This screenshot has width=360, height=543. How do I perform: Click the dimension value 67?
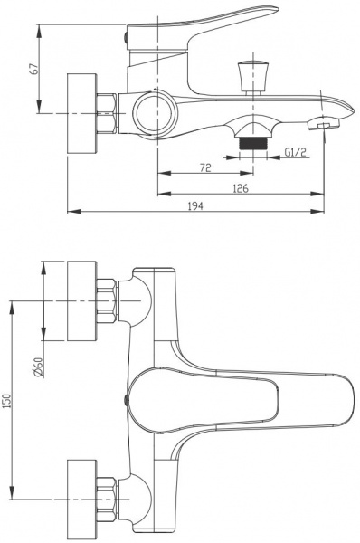34,69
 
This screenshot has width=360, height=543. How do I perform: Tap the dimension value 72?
205,168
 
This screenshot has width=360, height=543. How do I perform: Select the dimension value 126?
241,189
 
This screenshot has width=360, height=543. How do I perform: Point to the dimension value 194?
195,206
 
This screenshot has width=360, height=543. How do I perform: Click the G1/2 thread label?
295,152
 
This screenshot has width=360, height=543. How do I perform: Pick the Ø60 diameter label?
38,367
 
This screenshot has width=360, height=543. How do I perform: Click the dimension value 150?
7,400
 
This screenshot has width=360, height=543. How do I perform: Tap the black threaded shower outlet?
253,143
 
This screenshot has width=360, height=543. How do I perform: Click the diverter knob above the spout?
253,74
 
